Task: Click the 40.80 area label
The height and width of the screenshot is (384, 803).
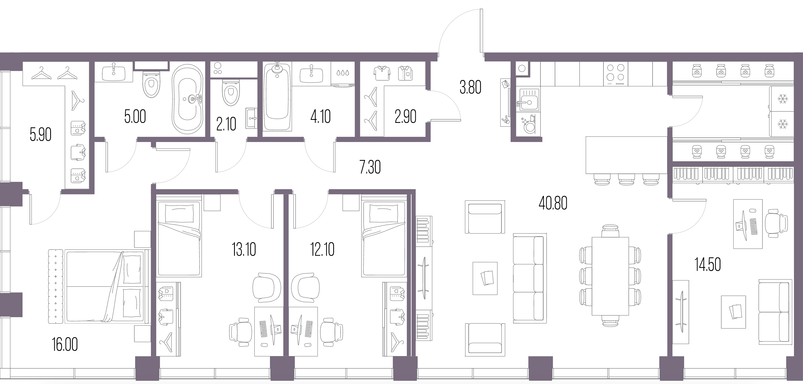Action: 553,203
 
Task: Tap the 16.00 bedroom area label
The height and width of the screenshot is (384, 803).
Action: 65,345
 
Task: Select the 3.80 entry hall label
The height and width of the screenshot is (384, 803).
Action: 470,87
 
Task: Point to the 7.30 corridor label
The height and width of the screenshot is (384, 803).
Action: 370,167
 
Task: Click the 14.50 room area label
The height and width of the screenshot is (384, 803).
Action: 708,264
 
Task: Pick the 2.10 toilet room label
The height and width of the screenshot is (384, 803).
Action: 226,124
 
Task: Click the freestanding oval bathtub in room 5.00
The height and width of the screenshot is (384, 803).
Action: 188,99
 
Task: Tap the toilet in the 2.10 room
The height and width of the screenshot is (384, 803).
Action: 231,92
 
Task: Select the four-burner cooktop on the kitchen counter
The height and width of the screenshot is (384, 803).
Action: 616,74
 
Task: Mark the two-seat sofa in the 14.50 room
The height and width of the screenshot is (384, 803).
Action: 775,312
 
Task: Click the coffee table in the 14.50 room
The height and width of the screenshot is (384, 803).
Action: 733,312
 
